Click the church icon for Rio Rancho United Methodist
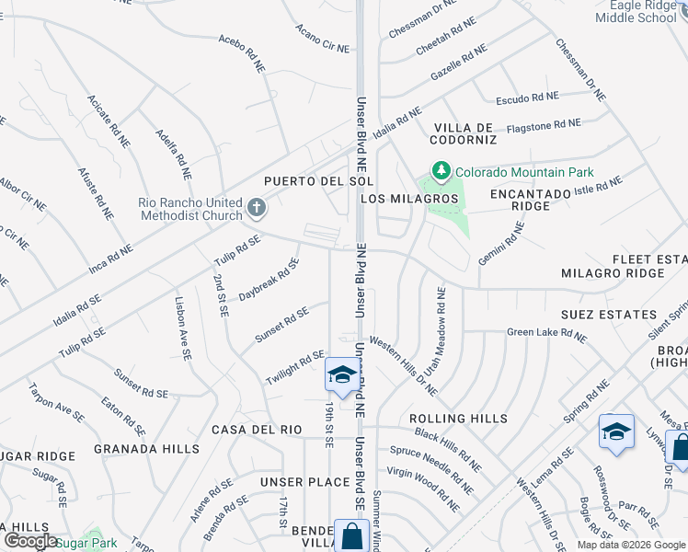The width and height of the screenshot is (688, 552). (257, 209)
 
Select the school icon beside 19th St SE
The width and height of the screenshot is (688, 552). (341, 376)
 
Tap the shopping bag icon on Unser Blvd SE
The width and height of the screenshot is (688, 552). (351, 535)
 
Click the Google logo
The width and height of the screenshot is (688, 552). (30, 541)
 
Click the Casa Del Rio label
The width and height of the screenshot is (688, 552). (257, 430)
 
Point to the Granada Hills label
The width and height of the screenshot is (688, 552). (146, 449)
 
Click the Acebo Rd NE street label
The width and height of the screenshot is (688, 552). (243, 50)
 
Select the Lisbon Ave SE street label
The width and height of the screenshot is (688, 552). (183, 328)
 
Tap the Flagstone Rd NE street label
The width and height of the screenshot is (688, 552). (544, 123)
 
